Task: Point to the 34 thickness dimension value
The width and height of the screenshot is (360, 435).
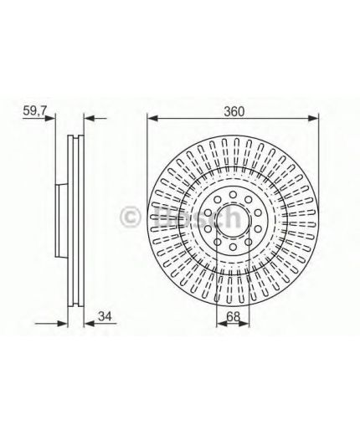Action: pyautogui.click(x=105, y=315)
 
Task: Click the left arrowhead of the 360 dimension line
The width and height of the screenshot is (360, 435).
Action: pyautogui.click(x=151, y=118)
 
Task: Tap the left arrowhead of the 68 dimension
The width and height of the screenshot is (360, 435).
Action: pyautogui.click(x=219, y=324)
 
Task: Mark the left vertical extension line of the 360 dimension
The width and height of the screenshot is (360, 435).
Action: pyautogui.click(x=147, y=159)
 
